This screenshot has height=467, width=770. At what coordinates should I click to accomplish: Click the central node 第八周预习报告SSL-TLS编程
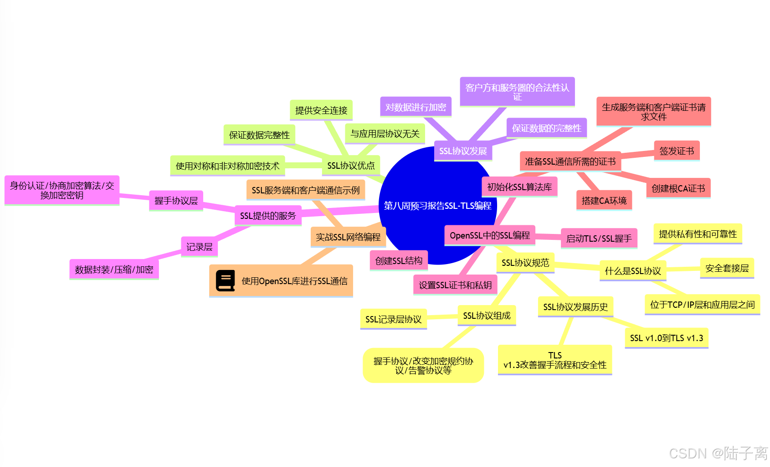[x=437, y=206]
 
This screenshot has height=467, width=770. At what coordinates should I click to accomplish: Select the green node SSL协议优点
[x=351, y=166]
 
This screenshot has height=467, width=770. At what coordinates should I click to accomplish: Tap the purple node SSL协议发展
[x=463, y=151]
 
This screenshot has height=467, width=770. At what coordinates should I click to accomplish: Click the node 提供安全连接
[x=321, y=110]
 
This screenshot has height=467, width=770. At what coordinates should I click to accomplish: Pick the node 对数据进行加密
[x=416, y=107]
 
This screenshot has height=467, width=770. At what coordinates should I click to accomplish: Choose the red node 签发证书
[x=677, y=151]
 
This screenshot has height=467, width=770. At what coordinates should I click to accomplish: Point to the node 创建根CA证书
[x=678, y=188]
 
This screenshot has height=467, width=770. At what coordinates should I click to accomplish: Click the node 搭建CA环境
[x=604, y=201]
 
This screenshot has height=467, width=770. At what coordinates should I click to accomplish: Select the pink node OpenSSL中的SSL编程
[x=490, y=235]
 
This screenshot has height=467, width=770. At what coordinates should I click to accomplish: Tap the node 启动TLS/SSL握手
[x=599, y=239]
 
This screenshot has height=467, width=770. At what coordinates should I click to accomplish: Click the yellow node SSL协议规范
[x=525, y=263]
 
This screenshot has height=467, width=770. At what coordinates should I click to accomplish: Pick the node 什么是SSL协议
[x=632, y=271]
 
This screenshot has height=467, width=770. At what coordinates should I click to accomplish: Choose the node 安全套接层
[x=727, y=268]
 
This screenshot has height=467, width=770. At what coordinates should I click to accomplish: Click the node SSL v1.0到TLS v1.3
[x=666, y=338]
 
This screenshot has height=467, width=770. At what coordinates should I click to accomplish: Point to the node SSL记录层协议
[x=393, y=319]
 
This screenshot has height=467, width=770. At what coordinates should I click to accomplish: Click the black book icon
[x=225, y=281]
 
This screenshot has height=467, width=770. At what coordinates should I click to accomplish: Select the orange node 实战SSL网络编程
[x=348, y=237]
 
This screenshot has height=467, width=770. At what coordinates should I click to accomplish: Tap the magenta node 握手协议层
[x=176, y=201]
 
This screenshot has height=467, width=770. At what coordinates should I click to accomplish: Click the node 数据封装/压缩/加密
[x=114, y=270]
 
